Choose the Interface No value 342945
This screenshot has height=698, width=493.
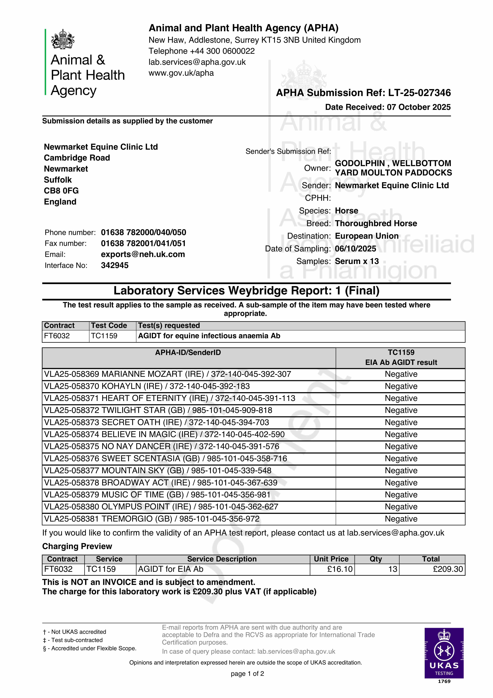coord(115,265)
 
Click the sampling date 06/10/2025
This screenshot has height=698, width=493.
coord(355,249)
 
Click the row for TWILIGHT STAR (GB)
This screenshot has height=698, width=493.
coord(158,410)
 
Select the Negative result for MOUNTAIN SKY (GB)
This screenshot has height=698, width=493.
coord(401,471)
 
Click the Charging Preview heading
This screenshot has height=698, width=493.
coord(77,546)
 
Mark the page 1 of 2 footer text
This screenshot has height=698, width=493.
coord(247,674)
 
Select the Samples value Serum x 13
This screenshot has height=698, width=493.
coord(357,261)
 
